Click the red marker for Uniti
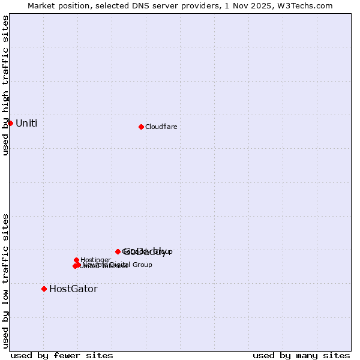coord(10,123)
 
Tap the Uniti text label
coord(26,123)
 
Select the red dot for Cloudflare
coord(141,127)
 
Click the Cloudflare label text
coord(161,127)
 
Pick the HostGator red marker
coord(44,289)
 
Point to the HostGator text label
coord(73,289)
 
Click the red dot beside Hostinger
coord(76,260)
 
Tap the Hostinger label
coord(95,260)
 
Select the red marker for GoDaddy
coord(118,251)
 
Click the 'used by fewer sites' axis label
coord(62,355)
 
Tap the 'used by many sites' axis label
coord(301,355)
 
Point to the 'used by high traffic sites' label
coord(6,85)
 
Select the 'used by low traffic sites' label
coord(6,280)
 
